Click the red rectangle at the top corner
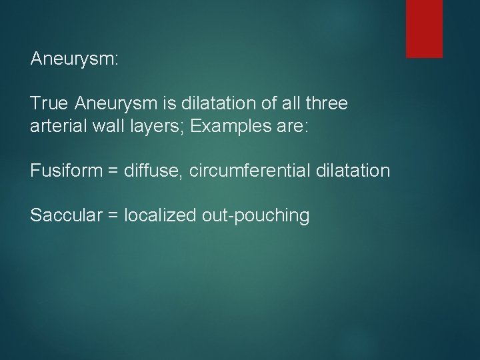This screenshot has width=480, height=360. coord(424,29)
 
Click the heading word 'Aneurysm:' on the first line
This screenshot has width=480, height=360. coord(74,59)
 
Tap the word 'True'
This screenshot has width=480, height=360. coord(50,103)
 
